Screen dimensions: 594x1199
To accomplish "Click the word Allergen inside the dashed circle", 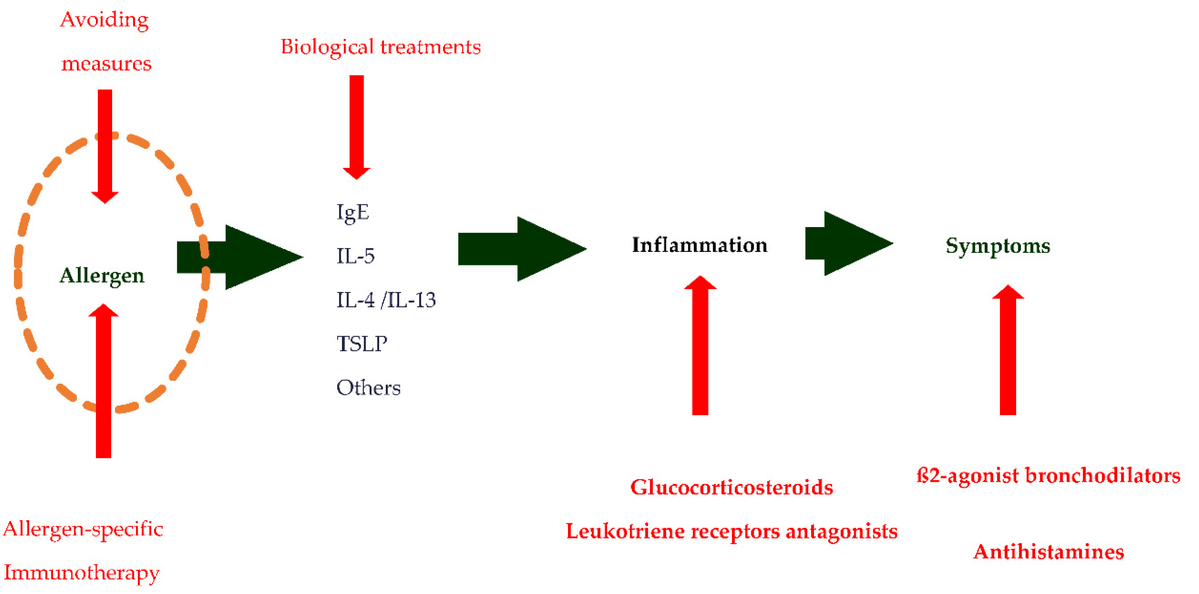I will pos(102,275).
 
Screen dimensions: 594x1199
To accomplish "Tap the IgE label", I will pos(353,212).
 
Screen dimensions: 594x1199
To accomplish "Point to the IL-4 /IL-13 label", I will pos(386,300).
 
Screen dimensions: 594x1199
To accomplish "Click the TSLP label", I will pos(362,343).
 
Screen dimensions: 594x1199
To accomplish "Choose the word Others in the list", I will pos(368,387).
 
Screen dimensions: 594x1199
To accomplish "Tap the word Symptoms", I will pos(998,246).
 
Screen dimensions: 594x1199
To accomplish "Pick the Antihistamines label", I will pos(1049,552).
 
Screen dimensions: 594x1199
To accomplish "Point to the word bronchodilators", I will pos(1103,475).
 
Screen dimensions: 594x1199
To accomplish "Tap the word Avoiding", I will pos(105,20).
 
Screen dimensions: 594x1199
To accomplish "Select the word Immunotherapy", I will pos(81,573).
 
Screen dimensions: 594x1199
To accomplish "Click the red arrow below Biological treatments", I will pos(357,126).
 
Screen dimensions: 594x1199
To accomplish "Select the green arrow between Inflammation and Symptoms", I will pos(847,244).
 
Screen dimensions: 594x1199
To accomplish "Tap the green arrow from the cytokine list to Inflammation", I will pos(521,249).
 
